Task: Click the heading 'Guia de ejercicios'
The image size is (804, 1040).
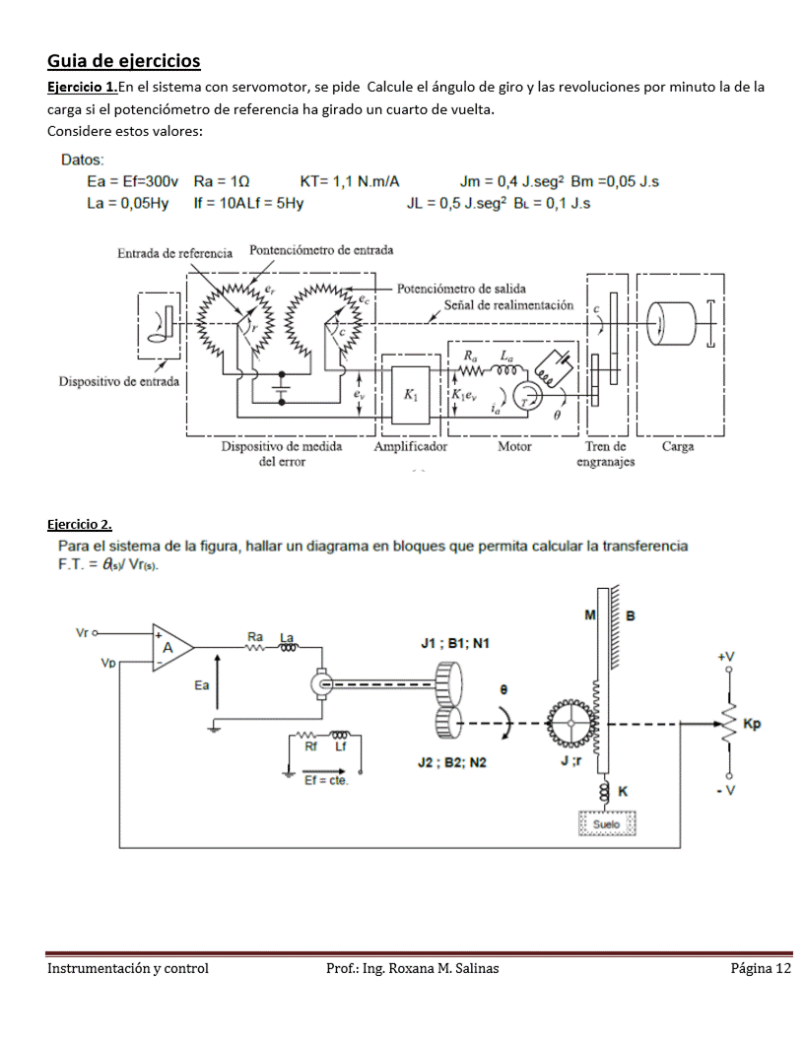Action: (123, 61)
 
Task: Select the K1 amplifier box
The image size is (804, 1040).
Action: (411, 395)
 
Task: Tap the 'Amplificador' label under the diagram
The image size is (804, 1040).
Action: (411, 446)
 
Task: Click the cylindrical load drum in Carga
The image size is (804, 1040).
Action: (671, 323)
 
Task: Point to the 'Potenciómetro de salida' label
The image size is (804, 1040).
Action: (461, 289)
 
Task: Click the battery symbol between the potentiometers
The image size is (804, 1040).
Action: (281, 387)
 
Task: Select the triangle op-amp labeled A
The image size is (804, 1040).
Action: (172, 647)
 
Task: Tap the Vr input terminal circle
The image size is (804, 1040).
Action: (95, 633)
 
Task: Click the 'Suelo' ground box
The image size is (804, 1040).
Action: (607, 823)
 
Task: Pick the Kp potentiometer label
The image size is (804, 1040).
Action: (752, 723)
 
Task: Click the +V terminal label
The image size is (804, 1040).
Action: (726, 656)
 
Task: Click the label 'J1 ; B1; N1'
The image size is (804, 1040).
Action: (455, 643)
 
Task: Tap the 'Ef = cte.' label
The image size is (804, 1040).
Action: (326, 781)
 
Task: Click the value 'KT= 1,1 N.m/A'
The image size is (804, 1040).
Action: (350, 182)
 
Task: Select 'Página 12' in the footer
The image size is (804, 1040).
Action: (761, 968)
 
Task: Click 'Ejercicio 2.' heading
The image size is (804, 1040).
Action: (80, 525)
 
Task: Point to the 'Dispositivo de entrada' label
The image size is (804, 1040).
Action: (119, 381)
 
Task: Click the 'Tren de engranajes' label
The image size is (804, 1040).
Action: (606, 454)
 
